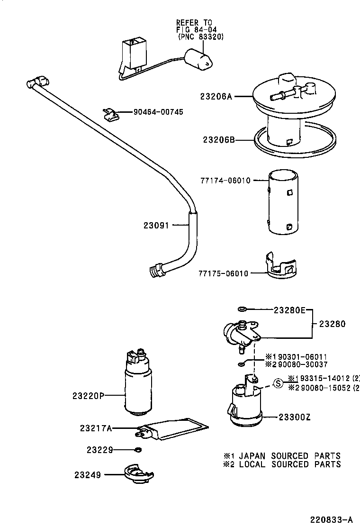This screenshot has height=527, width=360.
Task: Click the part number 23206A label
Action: point(216,96)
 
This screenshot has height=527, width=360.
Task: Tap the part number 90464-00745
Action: point(158,112)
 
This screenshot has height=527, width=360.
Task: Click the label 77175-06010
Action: point(223,273)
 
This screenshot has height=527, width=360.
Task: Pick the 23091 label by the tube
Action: point(156,226)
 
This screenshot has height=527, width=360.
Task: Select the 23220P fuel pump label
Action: point(88,395)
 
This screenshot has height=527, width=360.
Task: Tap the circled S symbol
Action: point(279,382)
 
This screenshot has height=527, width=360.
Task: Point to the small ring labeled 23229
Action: point(138,449)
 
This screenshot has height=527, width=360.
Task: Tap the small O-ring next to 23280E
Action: point(242,310)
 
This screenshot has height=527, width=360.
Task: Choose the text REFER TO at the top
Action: point(194,22)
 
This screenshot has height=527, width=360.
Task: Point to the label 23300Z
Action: point(294,417)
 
